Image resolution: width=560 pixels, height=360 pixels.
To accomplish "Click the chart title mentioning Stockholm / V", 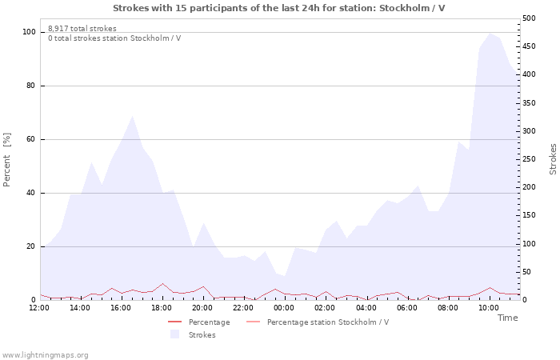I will point(279,8).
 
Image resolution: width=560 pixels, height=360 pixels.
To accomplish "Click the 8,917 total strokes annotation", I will point(82,29).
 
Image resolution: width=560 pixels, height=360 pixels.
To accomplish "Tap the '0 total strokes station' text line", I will point(114,38).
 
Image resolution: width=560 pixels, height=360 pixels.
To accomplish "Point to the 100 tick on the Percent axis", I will point(30,32).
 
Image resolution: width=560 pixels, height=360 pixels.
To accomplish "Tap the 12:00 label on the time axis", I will point(39,307).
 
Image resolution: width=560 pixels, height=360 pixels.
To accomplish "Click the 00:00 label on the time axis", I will point(284,307).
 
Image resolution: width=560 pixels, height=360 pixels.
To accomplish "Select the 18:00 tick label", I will point(162,307).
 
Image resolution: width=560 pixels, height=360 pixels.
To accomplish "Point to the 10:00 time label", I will point(488,307).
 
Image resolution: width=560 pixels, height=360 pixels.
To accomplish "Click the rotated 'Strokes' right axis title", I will point(553,159).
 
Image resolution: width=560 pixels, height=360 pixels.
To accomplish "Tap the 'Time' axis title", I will point(507,318).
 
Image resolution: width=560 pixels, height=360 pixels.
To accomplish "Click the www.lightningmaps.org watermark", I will point(45,354).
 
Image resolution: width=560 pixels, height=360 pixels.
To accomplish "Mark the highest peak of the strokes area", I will point(490,33).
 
